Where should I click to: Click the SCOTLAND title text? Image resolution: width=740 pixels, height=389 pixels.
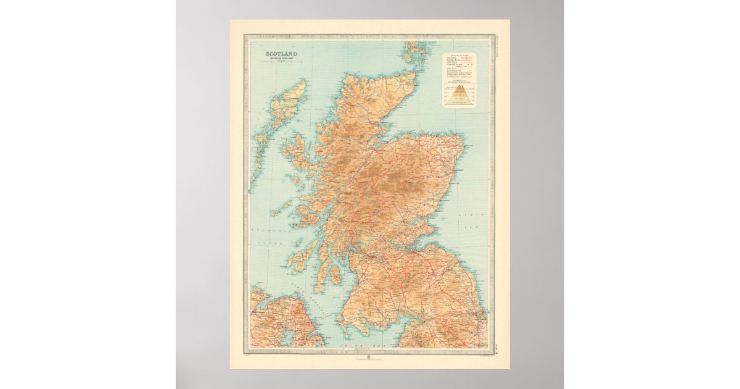tap(281, 54)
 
